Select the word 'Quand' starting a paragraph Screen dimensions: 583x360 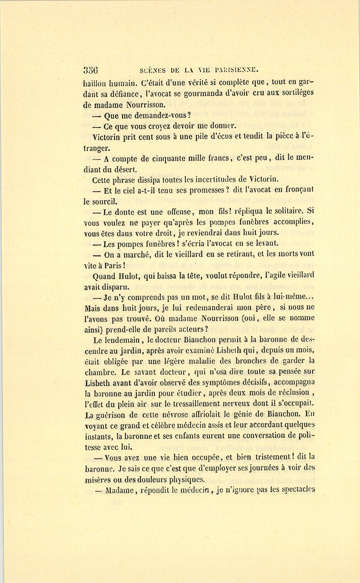pos(104,276)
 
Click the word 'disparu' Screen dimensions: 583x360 pos(116,287)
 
